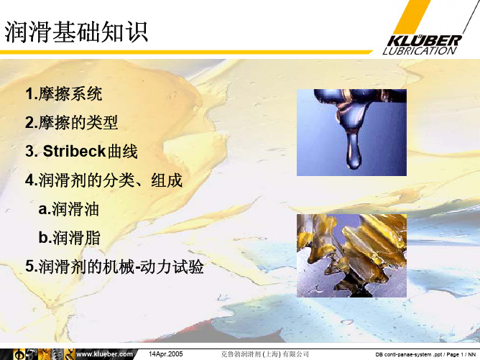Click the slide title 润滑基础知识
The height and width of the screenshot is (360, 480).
pyautogui.click(x=76, y=32)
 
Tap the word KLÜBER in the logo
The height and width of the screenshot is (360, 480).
pyautogui.click(x=424, y=41)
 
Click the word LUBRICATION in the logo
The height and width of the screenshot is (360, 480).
pyautogui.click(x=420, y=51)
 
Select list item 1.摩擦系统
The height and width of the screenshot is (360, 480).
pyautogui.click(x=64, y=93)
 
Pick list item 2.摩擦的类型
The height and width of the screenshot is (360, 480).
pyautogui.click(x=72, y=122)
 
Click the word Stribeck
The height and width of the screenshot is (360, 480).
pyautogui.click(x=75, y=151)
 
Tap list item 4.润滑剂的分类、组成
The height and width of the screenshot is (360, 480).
pyautogui.click(x=104, y=180)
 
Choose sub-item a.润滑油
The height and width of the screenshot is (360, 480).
pyautogui.click(x=68, y=209)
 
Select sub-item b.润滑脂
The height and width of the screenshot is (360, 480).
pyautogui.click(x=70, y=238)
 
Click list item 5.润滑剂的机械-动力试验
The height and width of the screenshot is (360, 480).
pyautogui.click(x=114, y=267)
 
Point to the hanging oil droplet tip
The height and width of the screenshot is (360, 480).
pyautogui.click(x=354, y=167)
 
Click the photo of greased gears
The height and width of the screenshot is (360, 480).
pyautogui.click(x=351, y=256)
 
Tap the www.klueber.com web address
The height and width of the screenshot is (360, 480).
pyautogui.click(x=104, y=354)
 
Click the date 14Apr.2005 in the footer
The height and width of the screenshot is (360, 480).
pyautogui.click(x=165, y=354)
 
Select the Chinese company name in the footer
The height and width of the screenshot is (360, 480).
pyautogui.click(x=265, y=354)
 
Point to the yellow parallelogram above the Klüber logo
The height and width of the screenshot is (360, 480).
pyautogui.click(x=412, y=16)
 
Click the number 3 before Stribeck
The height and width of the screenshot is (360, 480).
pyautogui.click(x=29, y=151)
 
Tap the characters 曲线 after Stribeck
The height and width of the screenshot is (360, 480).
pyautogui.click(x=122, y=151)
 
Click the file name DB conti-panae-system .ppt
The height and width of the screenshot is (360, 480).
pyautogui.click(x=410, y=354)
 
